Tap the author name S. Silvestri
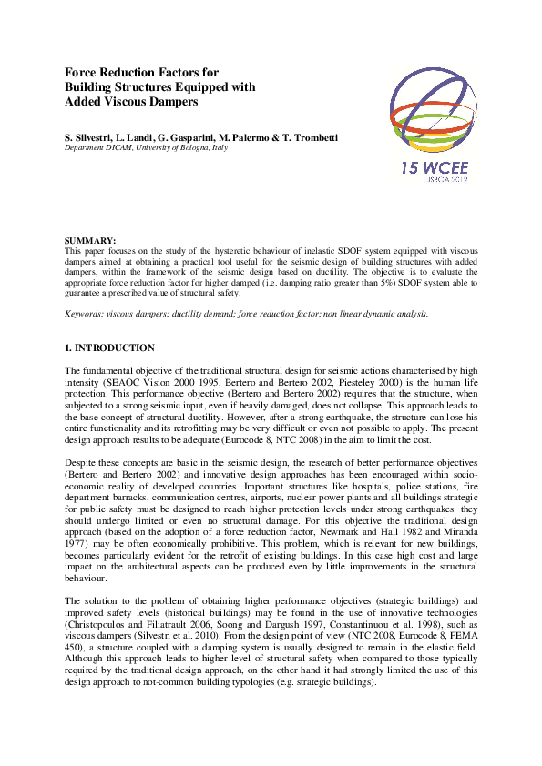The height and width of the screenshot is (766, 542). (87, 136)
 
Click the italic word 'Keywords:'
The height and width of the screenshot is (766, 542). (84, 313)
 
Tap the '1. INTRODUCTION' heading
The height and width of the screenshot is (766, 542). (109, 348)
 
